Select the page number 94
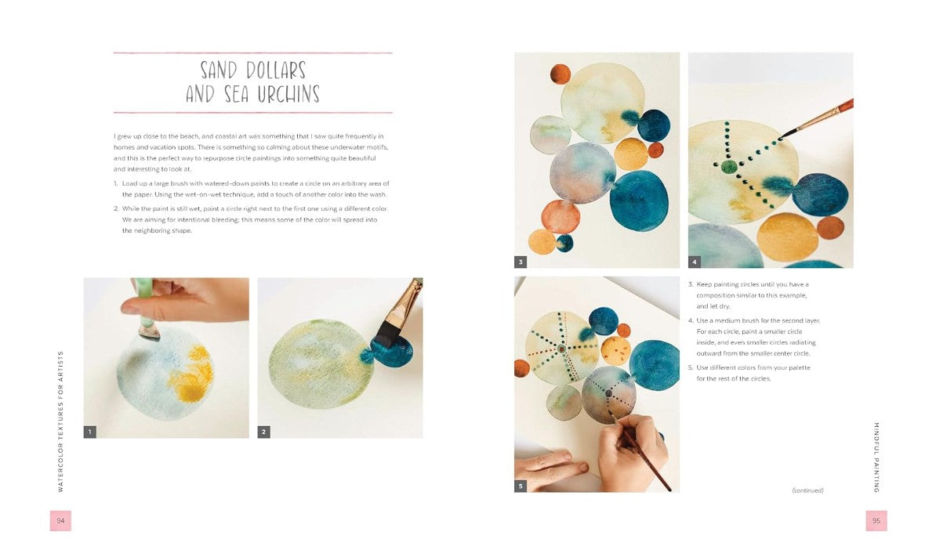tap(60, 521)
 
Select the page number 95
tap(876, 521)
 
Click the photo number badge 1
tap(90, 432)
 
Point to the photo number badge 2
tap(264, 432)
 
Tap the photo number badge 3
tap(521, 262)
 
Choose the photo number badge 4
tap(695, 262)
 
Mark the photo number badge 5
tap(521, 486)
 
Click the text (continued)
tap(807, 490)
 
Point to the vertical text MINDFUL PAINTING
tap(876, 457)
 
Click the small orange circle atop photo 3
tap(560, 74)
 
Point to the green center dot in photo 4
tap(729, 166)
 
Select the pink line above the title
tap(252, 53)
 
